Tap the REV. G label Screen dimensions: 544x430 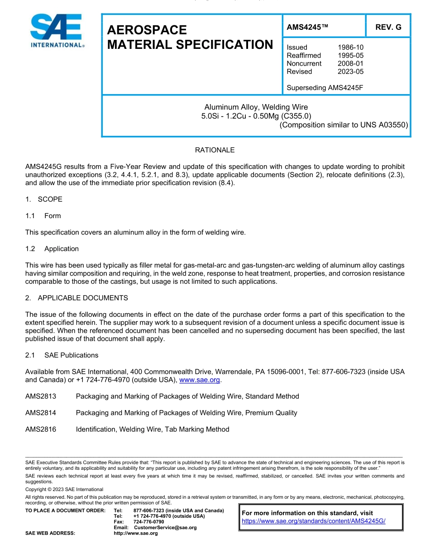point(388,27)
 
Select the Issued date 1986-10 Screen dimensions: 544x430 point(350,47)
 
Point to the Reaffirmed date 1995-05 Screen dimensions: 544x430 point(350,55)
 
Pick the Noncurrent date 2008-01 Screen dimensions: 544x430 point(350,63)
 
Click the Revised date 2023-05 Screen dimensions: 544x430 point(350,72)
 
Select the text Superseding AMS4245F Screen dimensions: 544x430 point(325,88)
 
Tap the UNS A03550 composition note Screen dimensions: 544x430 point(344,125)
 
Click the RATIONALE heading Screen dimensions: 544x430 point(215,150)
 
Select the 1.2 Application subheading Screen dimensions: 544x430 point(52,248)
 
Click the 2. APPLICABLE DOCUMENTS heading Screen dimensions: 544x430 point(76,298)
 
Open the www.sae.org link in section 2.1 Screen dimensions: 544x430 point(200,380)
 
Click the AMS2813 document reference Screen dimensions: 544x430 point(41,396)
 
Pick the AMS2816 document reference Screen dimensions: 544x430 point(41,429)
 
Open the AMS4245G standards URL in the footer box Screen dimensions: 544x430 point(313,521)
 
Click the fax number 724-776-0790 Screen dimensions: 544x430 point(149,522)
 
